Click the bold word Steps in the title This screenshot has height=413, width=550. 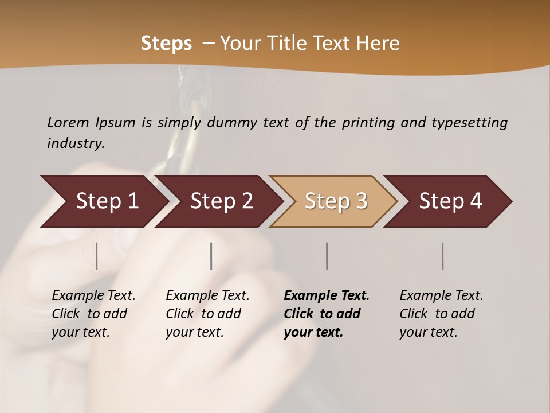(x=166, y=44)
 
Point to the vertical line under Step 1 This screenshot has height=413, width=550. (x=97, y=256)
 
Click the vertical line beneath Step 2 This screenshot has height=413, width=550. (x=211, y=256)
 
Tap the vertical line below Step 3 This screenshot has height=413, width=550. (x=327, y=256)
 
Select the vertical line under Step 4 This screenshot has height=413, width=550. (x=443, y=256)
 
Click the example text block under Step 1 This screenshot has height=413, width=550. (x=93, y=314)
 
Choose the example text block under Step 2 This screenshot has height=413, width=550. (x=207, y=314)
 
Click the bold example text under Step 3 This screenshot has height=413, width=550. (x=327, y=314)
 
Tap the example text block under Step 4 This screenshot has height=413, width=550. (x=441, y=314)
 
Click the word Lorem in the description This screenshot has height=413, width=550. (x=68, y=123)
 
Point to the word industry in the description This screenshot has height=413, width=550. (x=76, y=143)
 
